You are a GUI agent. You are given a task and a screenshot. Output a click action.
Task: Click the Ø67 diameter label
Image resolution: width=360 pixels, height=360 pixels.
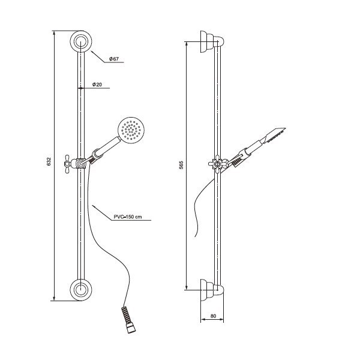114,59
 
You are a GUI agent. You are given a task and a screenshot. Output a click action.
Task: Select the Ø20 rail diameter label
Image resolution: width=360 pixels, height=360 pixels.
97,85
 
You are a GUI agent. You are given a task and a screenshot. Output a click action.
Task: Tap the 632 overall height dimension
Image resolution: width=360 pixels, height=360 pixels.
49,161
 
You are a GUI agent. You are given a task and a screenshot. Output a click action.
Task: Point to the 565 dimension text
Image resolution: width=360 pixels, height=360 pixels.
181,165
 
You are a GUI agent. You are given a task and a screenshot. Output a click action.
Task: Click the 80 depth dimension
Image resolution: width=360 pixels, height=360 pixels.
213,316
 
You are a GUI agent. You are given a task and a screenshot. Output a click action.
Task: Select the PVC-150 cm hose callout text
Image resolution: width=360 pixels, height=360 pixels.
128,217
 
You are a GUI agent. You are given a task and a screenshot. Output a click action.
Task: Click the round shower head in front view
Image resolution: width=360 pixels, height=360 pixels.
131,130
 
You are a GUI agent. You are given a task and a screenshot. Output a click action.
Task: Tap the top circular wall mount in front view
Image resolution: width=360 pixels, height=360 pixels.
81,41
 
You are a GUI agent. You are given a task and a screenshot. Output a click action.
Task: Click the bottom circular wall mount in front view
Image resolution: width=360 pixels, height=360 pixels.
81,290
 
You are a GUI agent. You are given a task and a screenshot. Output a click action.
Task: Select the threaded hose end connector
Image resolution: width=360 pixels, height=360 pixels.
128,319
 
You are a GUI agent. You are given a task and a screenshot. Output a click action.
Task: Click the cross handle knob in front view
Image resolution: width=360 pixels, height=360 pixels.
67,163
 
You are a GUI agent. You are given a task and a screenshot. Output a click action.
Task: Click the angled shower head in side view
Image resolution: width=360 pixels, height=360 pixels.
275,135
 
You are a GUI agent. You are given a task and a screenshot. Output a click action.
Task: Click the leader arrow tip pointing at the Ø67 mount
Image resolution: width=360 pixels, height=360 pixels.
91,51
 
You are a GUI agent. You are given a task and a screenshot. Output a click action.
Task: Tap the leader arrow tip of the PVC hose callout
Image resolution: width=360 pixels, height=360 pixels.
92,205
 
